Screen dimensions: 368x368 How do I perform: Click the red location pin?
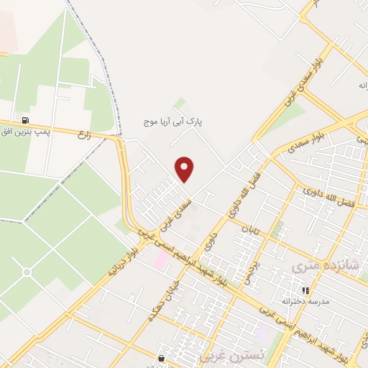tap(185, 169)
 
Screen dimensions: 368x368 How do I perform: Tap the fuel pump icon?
tap(27, 120)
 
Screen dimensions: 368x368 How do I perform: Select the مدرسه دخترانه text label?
tap(305, 301)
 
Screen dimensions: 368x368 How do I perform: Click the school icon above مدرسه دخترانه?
tap(305, 290)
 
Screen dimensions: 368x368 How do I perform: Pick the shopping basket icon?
tap(161, 357)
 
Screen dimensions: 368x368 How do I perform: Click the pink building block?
tap(160, 259)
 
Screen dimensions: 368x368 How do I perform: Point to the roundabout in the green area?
tap(27, 272)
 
